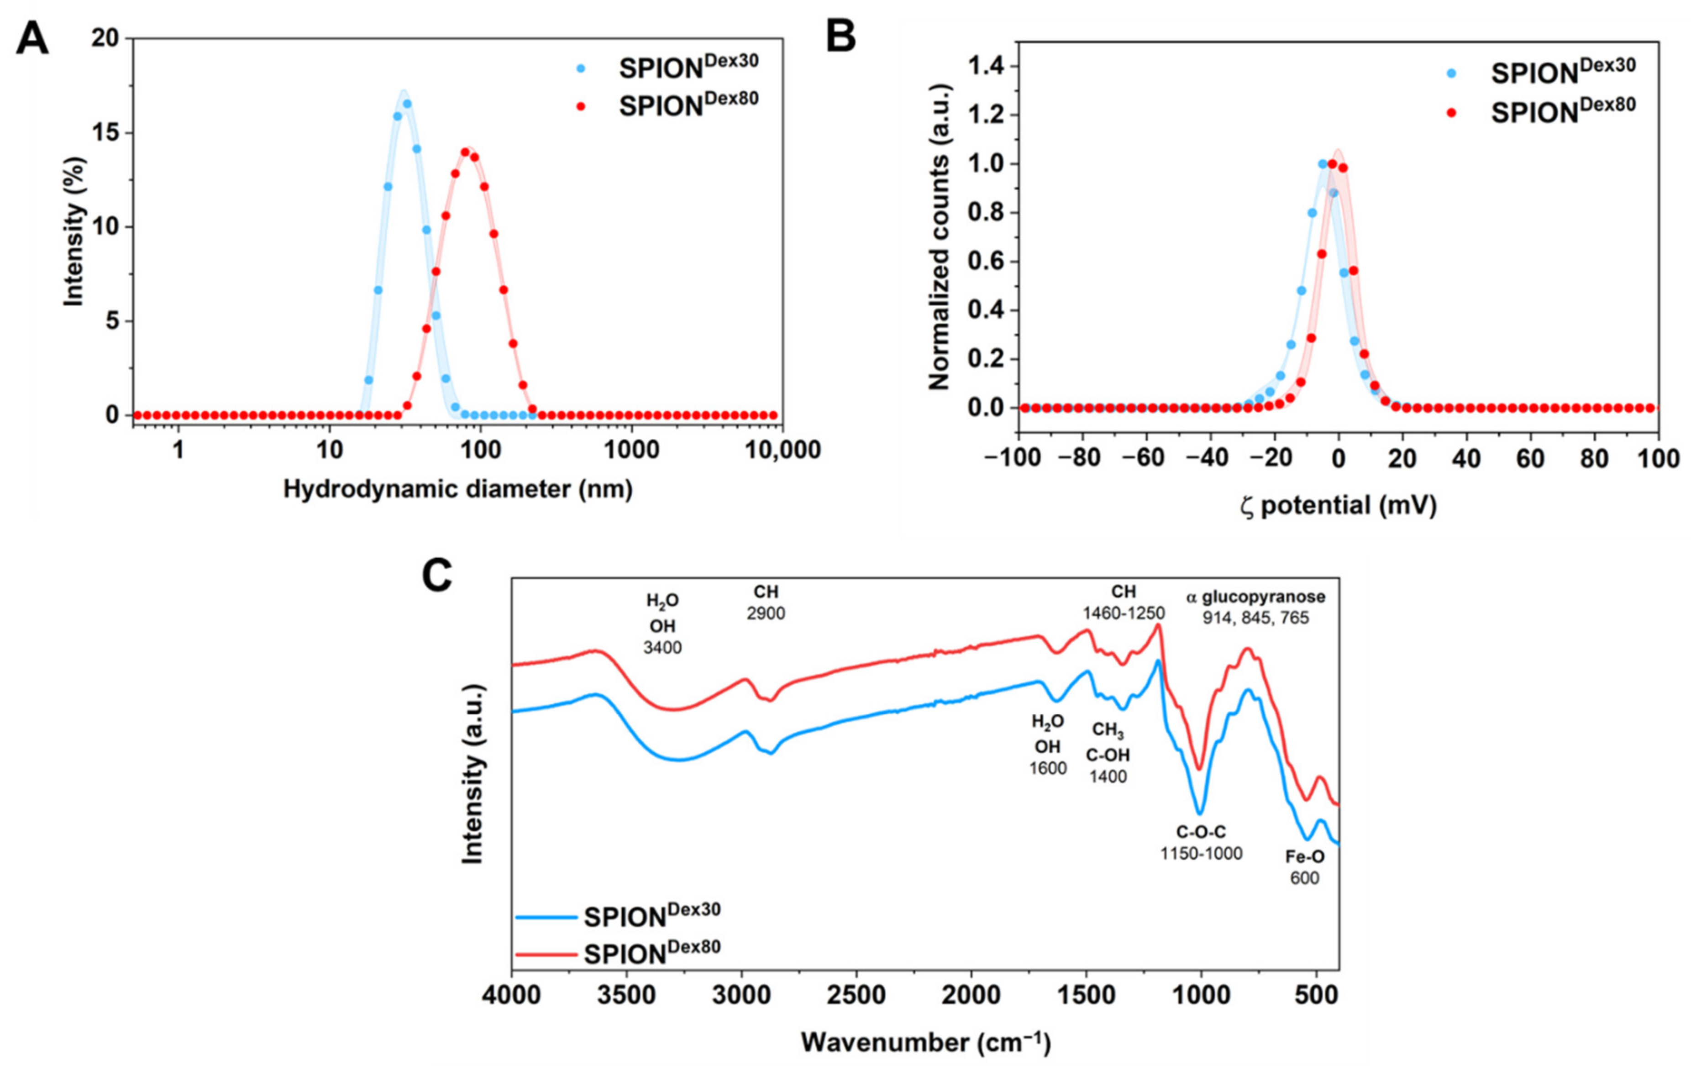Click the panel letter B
[840, 37]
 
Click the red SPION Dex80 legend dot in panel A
[580, 107]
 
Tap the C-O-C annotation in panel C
[1201, 833]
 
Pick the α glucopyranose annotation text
[1255, 597]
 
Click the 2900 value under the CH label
[766, 614]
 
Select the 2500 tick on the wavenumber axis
[856, 997]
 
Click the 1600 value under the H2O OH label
[1048, 768]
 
